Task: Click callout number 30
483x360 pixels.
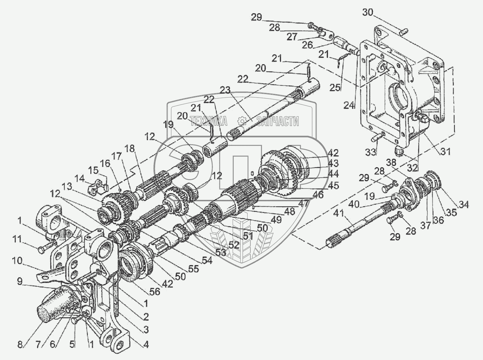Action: (x=368, y=13)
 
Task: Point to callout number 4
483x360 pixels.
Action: (x=146, y=344)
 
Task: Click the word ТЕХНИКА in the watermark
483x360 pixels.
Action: (x=209, y=121)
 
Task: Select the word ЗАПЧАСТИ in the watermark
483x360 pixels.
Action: (x=278, y=121)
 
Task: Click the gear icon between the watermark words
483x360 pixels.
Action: (x=242, y=121)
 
